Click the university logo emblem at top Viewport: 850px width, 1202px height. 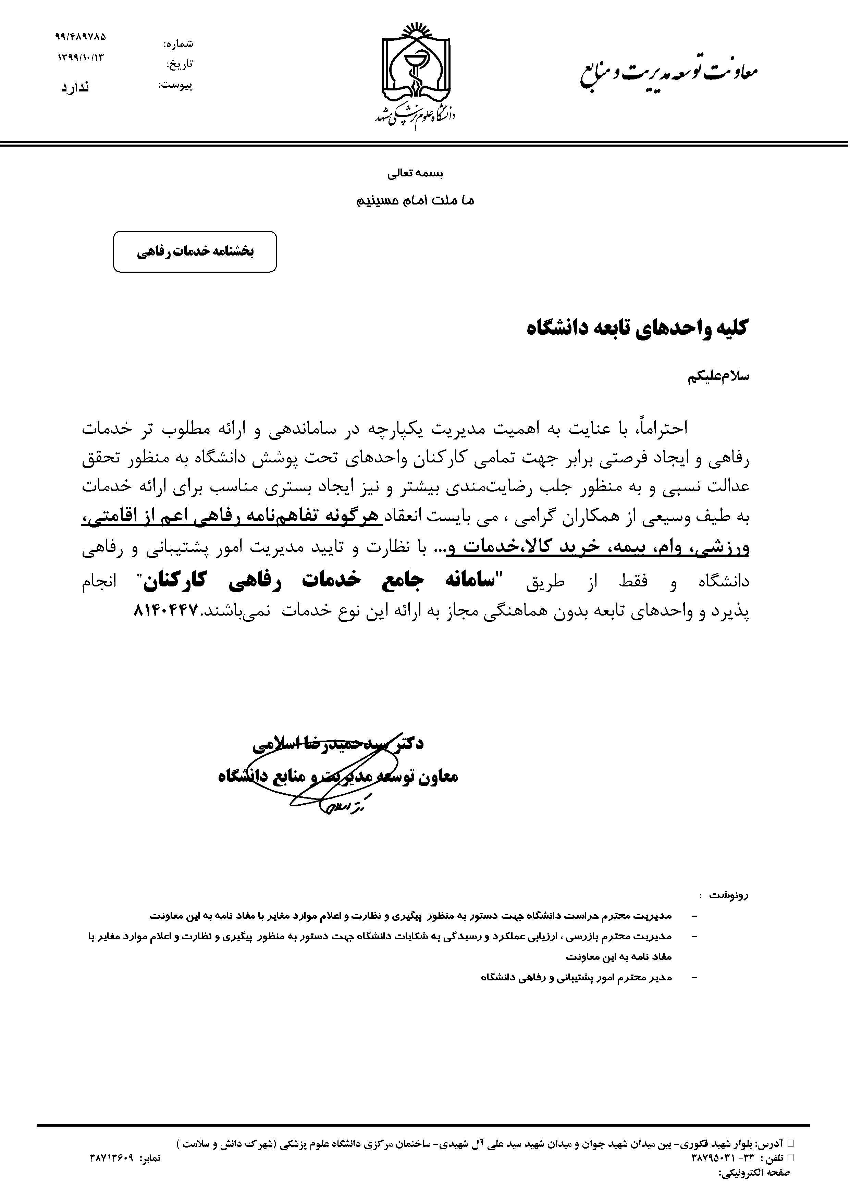pyautogui.click(x=415, y=68)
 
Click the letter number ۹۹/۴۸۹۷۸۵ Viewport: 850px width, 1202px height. pyautogui.click(x=80, y=37)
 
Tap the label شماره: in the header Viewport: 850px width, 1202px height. pyautogui.click(x=178, y=44)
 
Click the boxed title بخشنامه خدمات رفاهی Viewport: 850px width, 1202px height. pyautogui.click(x=195, y=252)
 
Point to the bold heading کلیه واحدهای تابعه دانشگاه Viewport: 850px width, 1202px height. pyautogui.click(x=637, y=329)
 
